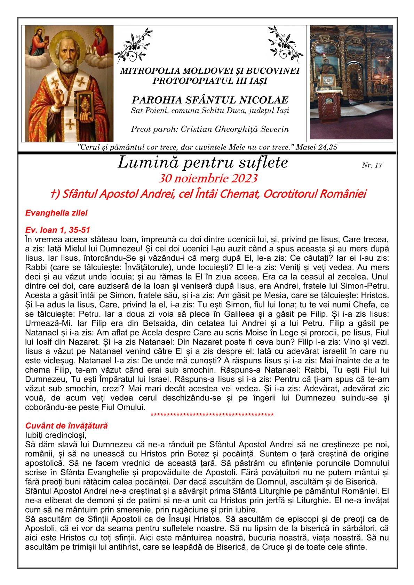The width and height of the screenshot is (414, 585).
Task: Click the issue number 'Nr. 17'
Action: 372,165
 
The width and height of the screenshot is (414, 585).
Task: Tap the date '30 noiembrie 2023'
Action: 208,179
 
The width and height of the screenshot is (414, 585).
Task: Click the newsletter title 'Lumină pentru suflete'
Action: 203,163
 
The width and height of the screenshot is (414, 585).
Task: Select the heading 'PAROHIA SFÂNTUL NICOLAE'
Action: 210,100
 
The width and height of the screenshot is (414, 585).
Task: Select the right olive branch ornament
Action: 285,44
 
